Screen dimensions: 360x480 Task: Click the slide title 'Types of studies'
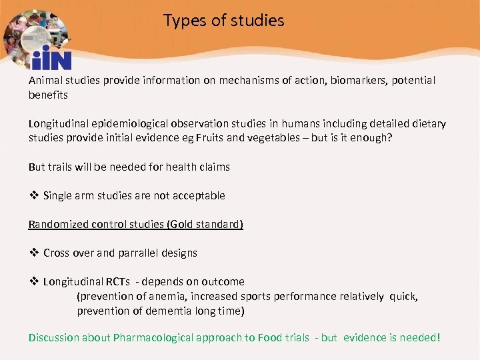[x=224, y=21]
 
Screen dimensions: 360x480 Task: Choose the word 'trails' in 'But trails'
[x=63, y=167]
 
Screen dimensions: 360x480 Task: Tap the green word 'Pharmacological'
[x=154, y=338]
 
